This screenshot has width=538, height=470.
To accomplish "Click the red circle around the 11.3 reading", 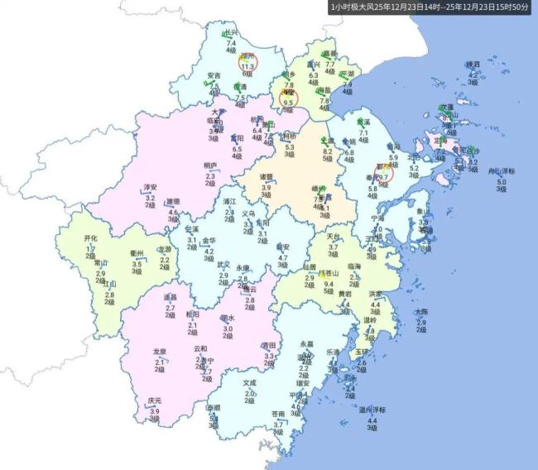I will point(247,62).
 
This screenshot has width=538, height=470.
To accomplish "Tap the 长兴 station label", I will point(231,33).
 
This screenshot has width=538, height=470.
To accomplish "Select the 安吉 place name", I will point(214,76).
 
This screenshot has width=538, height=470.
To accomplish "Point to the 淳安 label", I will point(150,188).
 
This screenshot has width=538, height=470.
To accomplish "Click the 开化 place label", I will point(91,238).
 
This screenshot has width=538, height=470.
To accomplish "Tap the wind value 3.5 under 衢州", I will point(137,262).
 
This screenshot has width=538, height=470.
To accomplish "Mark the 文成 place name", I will point(249,383).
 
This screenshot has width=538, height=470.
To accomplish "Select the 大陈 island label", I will point(421,313).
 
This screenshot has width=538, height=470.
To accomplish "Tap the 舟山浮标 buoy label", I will point(501,171).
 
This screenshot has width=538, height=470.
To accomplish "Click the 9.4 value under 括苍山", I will point(328,283).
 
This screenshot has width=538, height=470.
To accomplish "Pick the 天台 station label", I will point(334,237).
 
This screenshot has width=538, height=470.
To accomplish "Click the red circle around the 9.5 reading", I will point(288,102).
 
